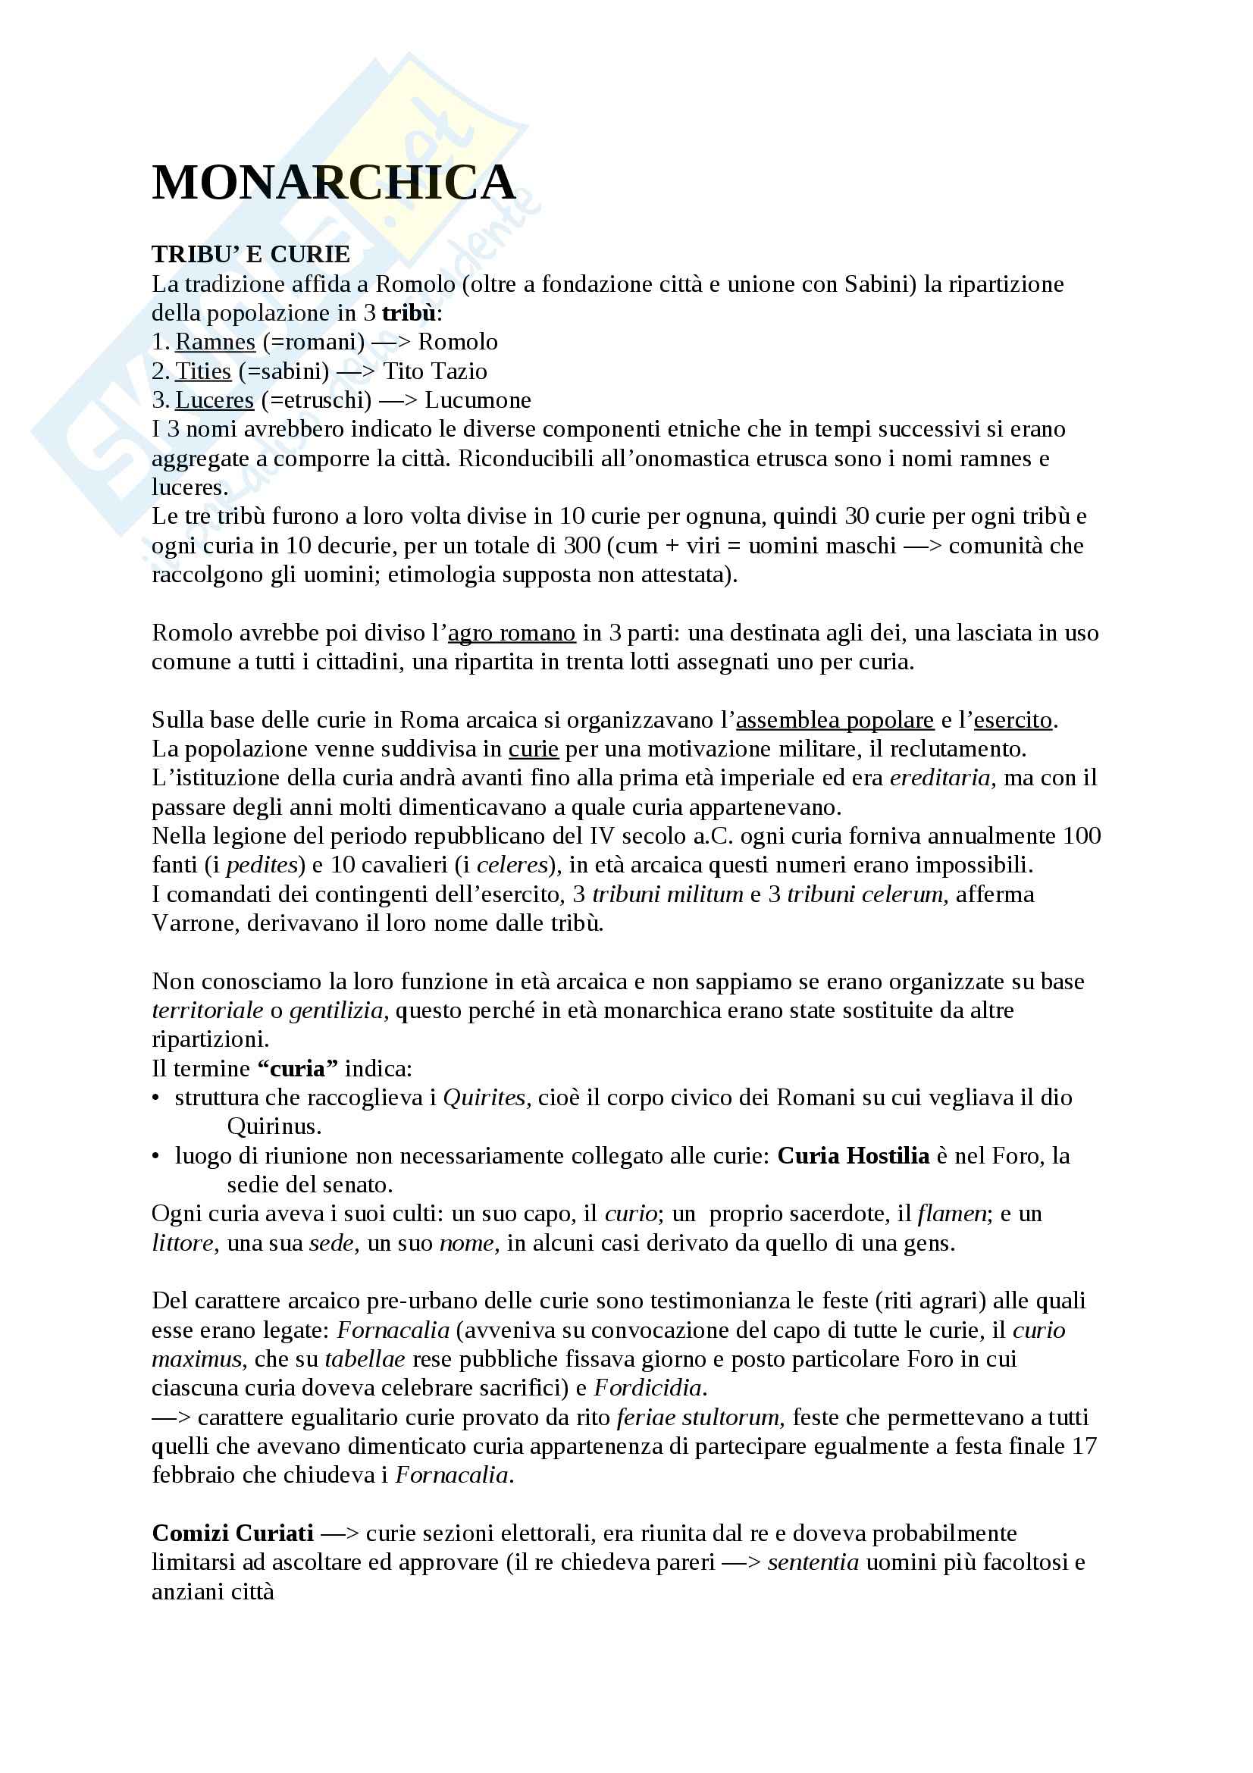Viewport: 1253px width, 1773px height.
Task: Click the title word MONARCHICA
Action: pos(334,183)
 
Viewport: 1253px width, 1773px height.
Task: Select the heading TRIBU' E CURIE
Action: pos(250,254)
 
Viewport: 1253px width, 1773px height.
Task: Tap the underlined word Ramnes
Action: pos(215,342)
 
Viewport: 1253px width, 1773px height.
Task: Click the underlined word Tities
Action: pos(203,371)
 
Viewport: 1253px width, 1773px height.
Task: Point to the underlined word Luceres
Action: pos(214,400)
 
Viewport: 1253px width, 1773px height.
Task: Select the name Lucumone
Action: pos(477,400)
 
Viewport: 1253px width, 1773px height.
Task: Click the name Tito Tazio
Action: pos(434,371)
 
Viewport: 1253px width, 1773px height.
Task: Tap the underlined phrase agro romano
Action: pos(511,633)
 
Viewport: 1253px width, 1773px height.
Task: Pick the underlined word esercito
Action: pos(1012,720)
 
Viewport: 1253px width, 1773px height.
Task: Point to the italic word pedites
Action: pos(262,865)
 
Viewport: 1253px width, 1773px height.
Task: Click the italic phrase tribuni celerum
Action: pos(867,894)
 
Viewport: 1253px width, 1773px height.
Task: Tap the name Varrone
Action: pos(196,923)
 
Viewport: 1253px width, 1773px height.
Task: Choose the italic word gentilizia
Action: pos(337,1011)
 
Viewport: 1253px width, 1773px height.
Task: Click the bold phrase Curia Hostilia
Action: pos(852,1156)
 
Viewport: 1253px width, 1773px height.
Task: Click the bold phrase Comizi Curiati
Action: pos(233,1533)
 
